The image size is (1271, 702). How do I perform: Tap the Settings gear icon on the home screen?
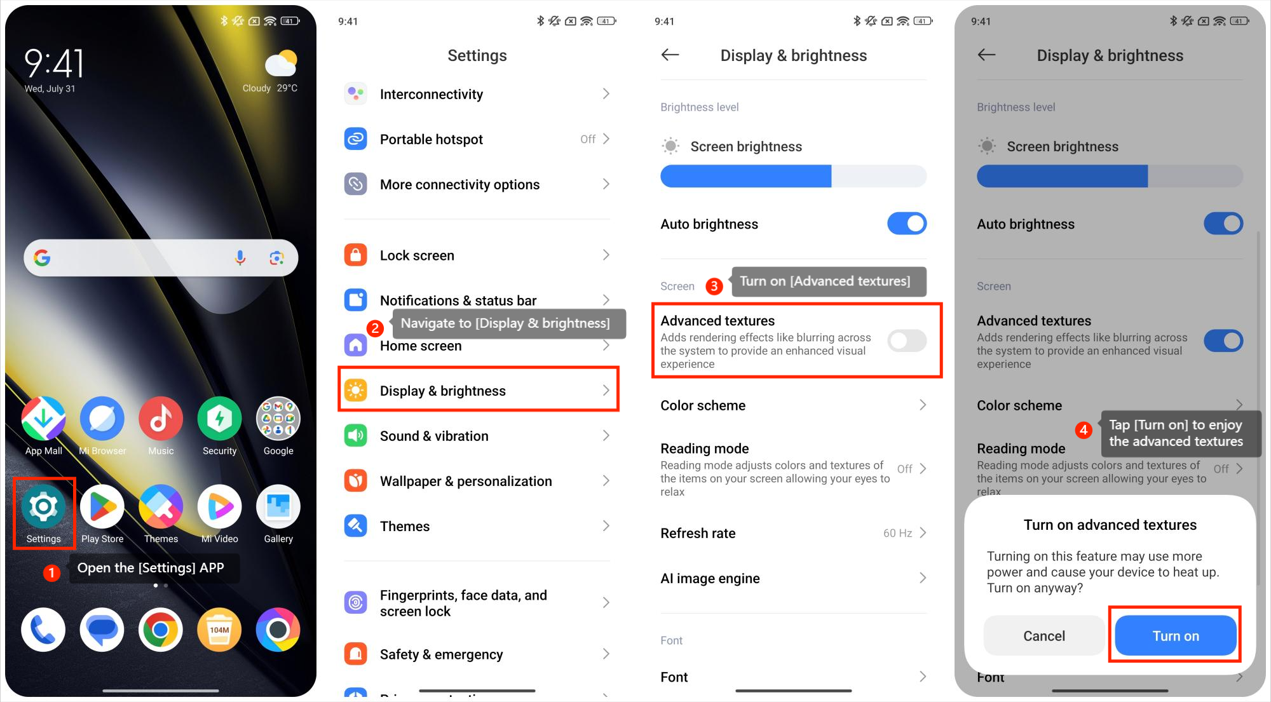click(x=43, y=506)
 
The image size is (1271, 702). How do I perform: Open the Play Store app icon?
click(x=102, y=506)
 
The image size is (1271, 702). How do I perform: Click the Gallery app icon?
click(x=278, y=506)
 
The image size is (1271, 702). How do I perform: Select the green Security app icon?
click(x=219, y=419)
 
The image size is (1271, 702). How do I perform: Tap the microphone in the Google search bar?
click(x=240, y=257)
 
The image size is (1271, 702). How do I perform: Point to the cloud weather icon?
click(x=281, y=64)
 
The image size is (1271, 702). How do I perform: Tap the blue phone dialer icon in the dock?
click(x=43, y=630)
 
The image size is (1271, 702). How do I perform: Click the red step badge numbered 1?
click(x=51, y=573)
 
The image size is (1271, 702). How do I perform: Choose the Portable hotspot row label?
click(x=432, y=139)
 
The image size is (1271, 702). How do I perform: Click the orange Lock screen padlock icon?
click(x=356, y=255)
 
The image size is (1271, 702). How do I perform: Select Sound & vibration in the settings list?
click(x=434, y=436)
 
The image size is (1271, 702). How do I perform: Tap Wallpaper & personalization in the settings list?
click(x=466, y=481)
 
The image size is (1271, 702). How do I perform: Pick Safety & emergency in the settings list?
click(x=441, y=654)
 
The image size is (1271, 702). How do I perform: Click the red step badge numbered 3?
click(x=714, y=286)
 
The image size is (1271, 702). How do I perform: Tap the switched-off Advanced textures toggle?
click(x=907, y=341)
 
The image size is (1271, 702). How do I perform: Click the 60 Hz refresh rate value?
click(x=897, y=533)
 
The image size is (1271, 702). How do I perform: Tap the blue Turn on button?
click(x=1176, y=635)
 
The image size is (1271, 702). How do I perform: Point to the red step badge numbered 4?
click(x=1084, y=430)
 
